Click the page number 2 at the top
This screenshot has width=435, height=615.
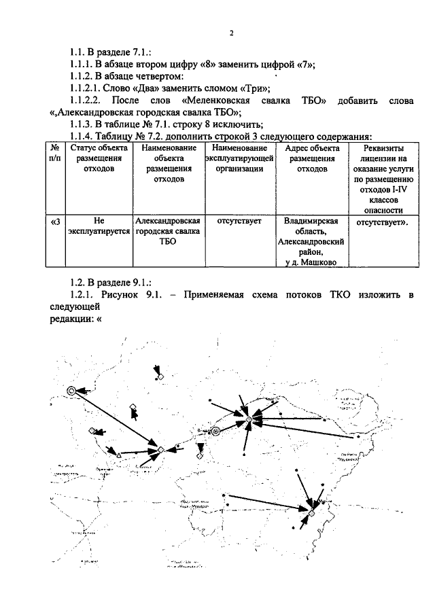point(231,33)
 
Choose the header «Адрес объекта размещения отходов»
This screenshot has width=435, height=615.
point(313,159)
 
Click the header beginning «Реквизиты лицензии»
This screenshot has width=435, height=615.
point(383,175)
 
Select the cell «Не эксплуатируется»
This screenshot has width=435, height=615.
point(99,227)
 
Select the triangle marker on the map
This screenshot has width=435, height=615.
point(119,454)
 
